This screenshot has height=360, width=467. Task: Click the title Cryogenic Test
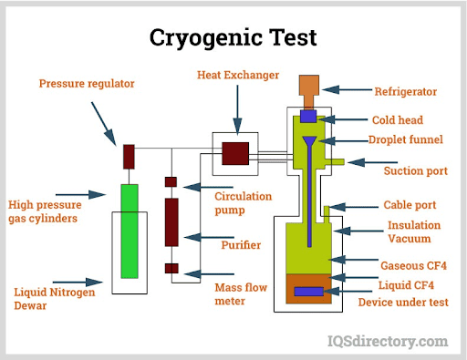[233, 36]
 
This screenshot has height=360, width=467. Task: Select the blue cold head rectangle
[308, 117]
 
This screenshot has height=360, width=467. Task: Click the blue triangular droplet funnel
[309, 143]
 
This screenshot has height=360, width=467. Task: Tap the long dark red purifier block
[171, 219]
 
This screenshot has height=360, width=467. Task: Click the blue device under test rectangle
[307, 291]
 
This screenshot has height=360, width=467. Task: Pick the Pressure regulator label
[87, 84]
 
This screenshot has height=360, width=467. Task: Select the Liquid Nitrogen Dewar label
[47, 298]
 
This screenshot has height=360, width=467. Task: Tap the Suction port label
[416, 170]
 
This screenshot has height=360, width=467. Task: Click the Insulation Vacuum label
[413, 231]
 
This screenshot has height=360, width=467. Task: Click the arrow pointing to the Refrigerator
[348, 89]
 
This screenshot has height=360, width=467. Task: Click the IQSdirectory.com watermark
[388, 342]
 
